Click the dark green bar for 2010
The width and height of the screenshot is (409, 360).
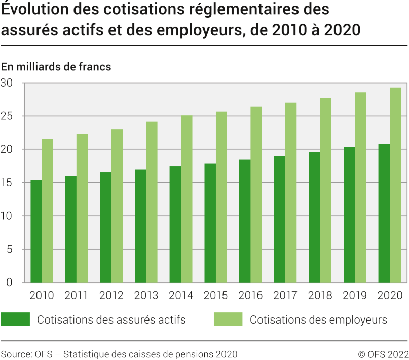pos(36,231)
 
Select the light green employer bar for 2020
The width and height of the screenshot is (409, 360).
pos(395,185)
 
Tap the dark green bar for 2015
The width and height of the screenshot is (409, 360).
pos(210,223)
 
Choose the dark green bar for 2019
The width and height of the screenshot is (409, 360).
pos(349,215)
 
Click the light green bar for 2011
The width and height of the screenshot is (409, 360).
pos(82,208)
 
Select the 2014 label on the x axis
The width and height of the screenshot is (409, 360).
pos(181,296)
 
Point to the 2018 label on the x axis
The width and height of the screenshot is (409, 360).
pos(320,296)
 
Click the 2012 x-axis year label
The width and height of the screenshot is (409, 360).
pos(111,296)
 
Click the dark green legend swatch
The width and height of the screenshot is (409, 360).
pos(15,319)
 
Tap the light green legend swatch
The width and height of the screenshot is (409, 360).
pos(228,319)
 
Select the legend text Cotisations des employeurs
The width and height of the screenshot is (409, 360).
pos(318,319)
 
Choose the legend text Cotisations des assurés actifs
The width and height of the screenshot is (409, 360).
pos(111,319)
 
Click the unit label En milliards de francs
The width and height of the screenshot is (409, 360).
pos(56,67)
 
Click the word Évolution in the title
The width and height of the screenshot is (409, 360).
pos(32,10)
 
